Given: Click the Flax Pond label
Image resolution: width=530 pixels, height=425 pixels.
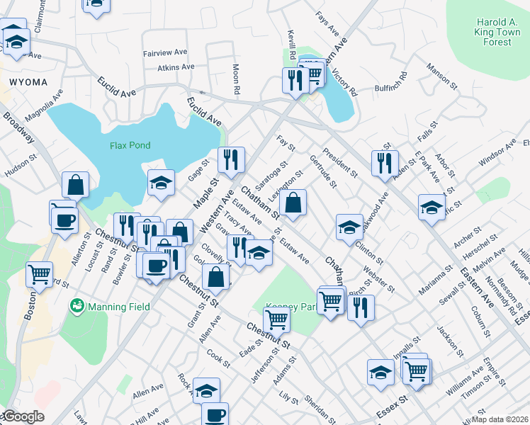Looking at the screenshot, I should click(130, 146).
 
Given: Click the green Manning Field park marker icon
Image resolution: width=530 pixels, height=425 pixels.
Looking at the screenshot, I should click(76, 307).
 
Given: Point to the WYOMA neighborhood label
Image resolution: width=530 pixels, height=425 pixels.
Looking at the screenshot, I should click(28, 82).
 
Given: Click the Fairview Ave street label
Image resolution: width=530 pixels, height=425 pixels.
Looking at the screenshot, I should click(165, 52).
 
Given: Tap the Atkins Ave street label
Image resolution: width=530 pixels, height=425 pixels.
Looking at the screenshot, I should click(176, 67).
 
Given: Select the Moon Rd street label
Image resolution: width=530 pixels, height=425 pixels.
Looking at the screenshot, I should click(236, 79).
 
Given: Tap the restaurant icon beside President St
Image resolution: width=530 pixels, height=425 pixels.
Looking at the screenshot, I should click(385, 162).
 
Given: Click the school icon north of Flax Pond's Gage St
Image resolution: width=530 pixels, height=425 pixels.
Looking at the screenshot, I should click(161, 182).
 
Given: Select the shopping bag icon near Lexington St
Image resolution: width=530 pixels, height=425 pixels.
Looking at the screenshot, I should click(293, 203).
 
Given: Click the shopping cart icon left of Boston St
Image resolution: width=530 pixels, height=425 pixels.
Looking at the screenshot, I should click(39, 273).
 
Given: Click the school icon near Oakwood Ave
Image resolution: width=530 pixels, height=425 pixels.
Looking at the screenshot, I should click(349, 226).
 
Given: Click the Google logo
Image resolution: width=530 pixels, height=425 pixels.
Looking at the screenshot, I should click(23, 416).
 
